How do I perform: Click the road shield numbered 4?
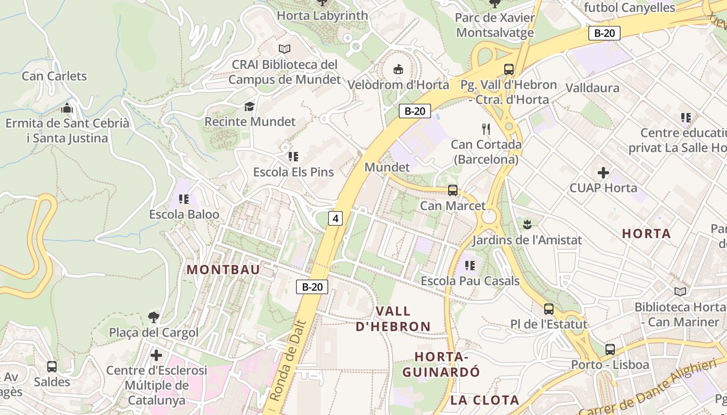(335, 218)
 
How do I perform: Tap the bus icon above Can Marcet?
(453, 190)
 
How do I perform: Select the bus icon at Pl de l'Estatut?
(548, 309)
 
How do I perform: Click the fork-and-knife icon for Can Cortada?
(486, 129)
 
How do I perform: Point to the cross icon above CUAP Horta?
(603, 172)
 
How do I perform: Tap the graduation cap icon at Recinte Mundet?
(250, 106)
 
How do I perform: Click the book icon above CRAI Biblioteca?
(284, 49)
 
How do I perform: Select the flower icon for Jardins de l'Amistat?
(527, 225)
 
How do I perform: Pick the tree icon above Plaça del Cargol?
(154, 317)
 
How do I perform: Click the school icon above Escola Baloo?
(183, 199)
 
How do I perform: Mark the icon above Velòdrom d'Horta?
(398, 69)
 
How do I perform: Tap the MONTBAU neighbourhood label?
(223, 270)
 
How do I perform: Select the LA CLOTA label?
(484, 400)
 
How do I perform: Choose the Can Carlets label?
(55, 76)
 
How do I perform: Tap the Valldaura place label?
(592, 88)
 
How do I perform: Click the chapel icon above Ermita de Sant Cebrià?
(67, 108)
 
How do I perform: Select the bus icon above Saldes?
(52, 367)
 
